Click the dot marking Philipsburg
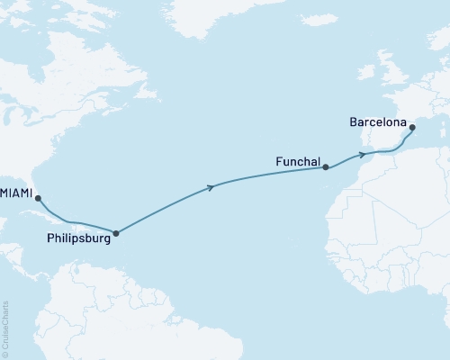click(x=115, y=233)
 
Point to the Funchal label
click(x=297, y=162)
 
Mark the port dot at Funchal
click(x=326, y=167)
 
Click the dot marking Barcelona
click(x=412, y=128)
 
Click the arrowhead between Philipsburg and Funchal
click(x=211, y=187)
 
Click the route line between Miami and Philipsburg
click(x=76, y=222)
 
